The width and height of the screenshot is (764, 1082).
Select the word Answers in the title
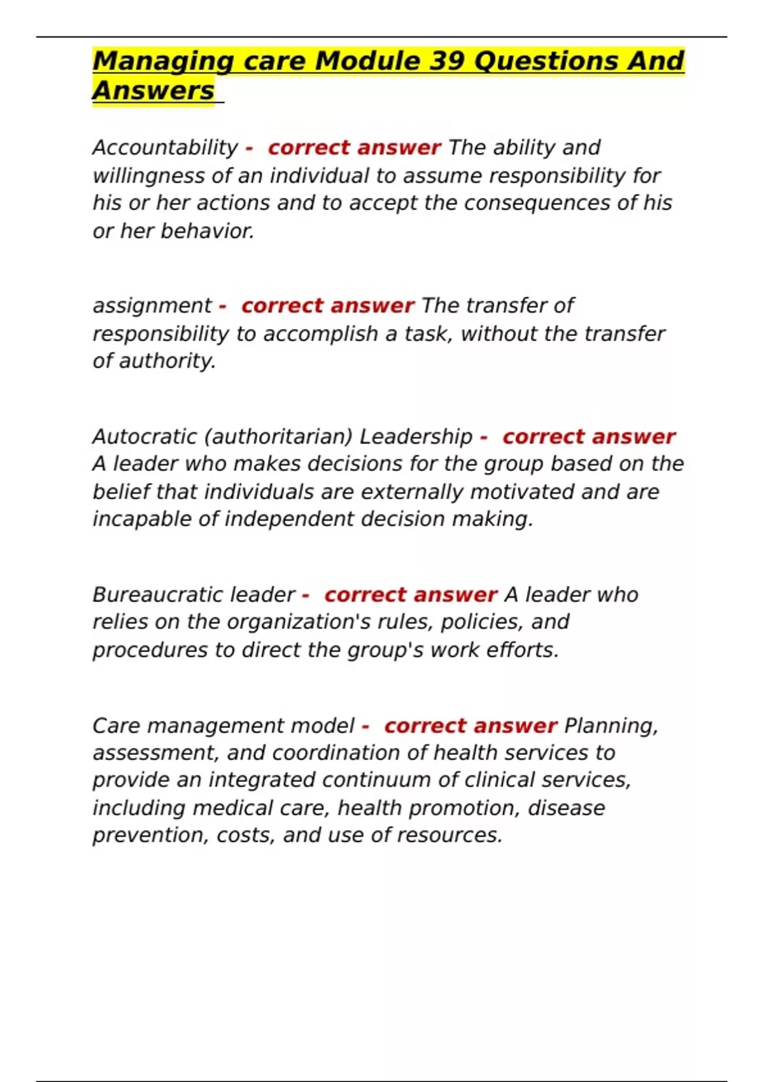[153, 90]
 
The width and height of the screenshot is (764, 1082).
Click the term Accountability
[165, 148]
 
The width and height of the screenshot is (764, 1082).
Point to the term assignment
[152, 306]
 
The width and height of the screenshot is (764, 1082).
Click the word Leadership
[416, 437]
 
